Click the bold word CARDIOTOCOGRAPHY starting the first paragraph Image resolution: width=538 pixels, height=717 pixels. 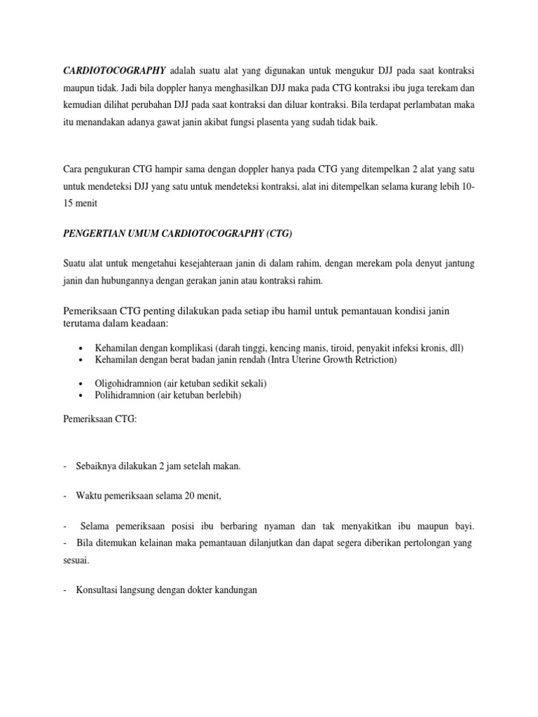(113, 71)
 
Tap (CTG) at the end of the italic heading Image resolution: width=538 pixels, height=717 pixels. (280, 234)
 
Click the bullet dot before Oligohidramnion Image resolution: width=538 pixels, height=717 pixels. (83, 384)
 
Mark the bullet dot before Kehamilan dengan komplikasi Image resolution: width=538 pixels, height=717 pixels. (83, 349)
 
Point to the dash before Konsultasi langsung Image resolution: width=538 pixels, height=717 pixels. (64, 590)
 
